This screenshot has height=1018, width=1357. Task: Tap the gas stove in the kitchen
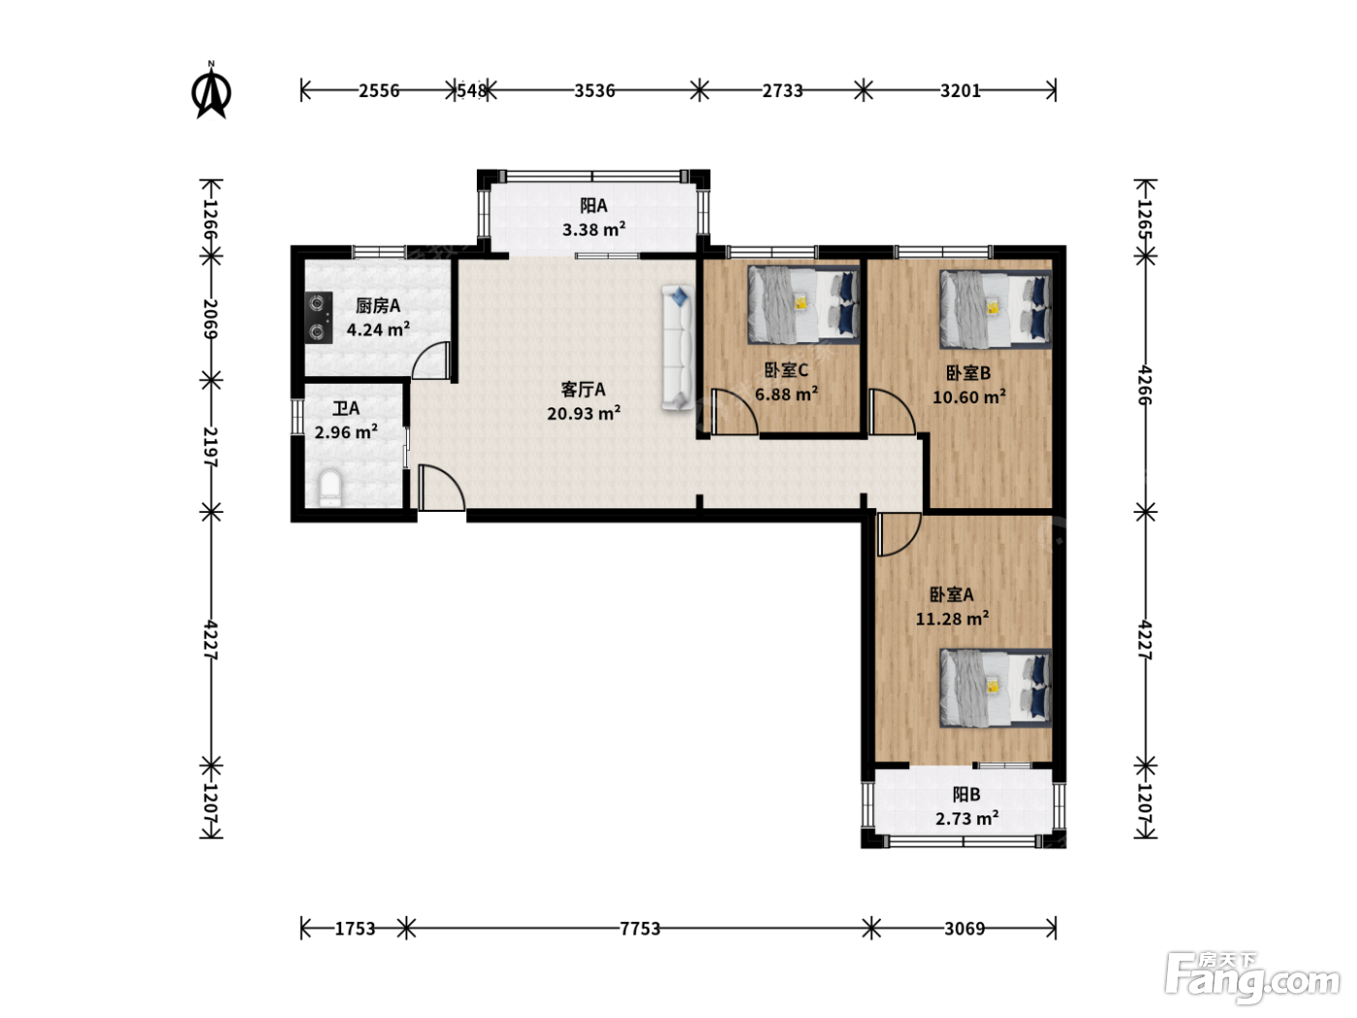[x=318, y=318]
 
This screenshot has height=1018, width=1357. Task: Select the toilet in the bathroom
[x=330, y=488]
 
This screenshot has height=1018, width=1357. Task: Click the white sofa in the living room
[x=677, y=347]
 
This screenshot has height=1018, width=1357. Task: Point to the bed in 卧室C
[x=804, y=304]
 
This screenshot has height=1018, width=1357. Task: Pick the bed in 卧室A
[x=995, y=687]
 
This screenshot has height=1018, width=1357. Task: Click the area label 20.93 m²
[x=584, y=413]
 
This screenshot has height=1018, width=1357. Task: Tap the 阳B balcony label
[x=965, y=794]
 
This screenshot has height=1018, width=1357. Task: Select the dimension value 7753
[x=640, y=929]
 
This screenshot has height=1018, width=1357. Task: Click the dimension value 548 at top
[x=472, y=91]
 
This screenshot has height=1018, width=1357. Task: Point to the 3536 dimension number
[x=594, y=91]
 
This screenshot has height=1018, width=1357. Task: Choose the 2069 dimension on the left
[x=210, y=318]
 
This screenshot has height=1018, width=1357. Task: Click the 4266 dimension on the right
[x=1145, y=385]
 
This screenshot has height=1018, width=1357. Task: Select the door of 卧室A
[x=899, y=533]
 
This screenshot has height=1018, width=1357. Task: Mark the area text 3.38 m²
[x=593, y=230]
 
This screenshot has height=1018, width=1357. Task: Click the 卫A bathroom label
[x=346, y=408]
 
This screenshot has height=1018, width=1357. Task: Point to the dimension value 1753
[x=355, y=929]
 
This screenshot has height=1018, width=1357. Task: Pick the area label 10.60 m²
[x=968, y=397]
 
